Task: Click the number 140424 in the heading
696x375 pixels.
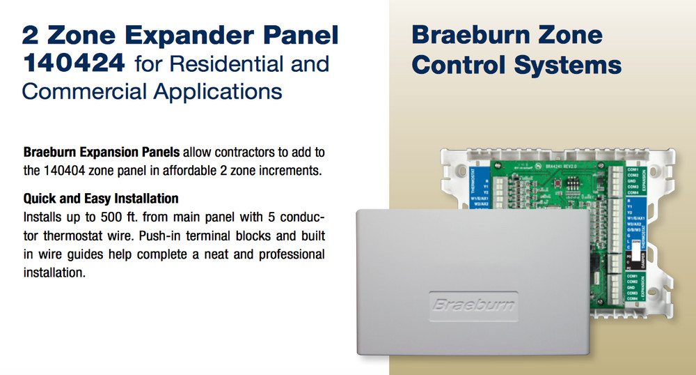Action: (74, 64)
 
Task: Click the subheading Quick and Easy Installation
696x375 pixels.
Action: (101, 198)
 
